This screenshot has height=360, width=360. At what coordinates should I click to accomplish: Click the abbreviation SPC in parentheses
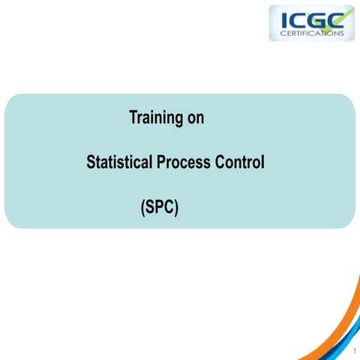159,207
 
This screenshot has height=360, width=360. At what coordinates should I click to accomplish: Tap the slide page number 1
351,350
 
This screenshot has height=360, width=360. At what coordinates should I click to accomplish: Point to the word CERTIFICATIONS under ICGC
310,33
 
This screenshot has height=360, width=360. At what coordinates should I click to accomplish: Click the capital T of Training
133,118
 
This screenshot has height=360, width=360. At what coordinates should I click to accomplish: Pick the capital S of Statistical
91,162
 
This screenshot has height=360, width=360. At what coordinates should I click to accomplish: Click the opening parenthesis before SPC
142,208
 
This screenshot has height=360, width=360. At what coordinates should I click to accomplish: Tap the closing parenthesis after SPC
176,208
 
